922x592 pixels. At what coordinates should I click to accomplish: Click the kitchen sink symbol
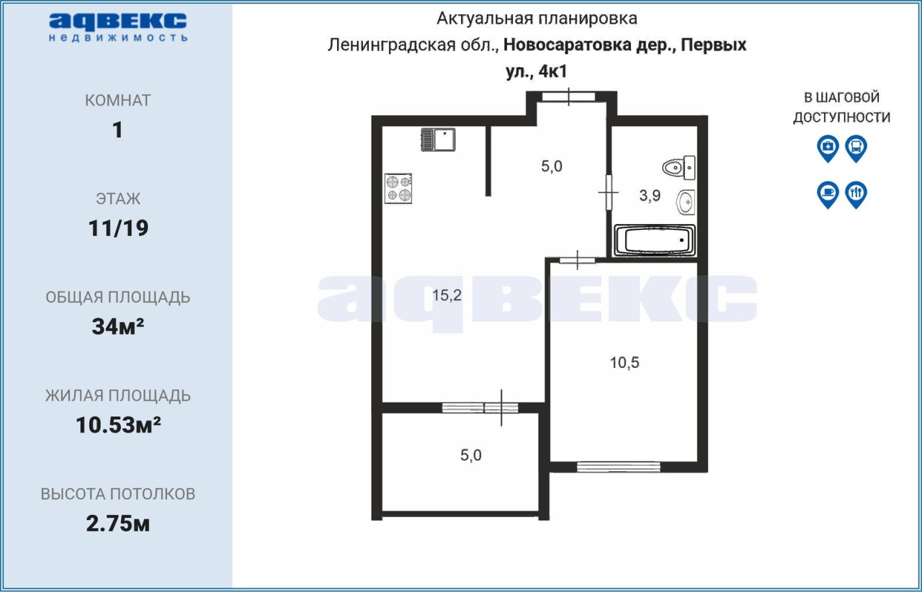tap(438, 140)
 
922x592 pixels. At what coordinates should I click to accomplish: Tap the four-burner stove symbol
tap(398, 189)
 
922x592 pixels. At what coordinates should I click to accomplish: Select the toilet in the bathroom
tap(679, 168)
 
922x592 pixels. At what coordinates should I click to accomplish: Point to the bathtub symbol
tap(655, 240)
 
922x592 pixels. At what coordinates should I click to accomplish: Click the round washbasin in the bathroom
tap(686, 202)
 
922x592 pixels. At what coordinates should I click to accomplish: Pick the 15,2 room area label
tap(447, 295)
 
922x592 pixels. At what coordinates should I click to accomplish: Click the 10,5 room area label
tap(625, 363)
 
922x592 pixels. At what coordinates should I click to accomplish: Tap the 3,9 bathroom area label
tap(650, 196)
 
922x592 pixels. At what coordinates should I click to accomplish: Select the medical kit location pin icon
tap(828, 148)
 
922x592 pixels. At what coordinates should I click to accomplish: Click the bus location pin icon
tap(856, 148)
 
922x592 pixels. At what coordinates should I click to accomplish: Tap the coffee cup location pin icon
tap(828, 194)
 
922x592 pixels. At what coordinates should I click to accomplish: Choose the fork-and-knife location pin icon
tap(856, 194)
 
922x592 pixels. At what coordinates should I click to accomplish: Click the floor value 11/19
tap(118, 228)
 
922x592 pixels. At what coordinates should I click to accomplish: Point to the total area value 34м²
tap(117, 326)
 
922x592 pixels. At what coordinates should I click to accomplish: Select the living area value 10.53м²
tap(118, 425)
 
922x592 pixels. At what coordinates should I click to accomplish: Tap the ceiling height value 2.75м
tap(117, 524)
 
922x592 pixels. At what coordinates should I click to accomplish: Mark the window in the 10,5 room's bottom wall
tap(618, 467)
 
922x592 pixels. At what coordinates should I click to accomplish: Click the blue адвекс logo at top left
tap(118, 27)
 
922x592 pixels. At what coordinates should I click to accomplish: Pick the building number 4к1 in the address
tap(552, 71)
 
